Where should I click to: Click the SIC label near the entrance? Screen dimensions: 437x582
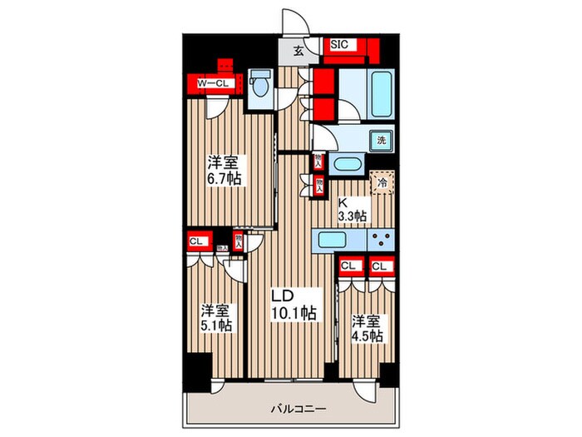[339, 45]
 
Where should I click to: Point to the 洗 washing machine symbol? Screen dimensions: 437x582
[380, 141]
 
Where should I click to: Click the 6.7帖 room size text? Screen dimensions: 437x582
[224, 170]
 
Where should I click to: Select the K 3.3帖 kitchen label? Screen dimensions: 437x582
[352, 208]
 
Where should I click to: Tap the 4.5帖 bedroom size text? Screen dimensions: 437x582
[366, 327]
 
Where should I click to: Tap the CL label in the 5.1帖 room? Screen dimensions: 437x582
[197, 242]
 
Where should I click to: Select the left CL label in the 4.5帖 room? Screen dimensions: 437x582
[349, 266]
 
